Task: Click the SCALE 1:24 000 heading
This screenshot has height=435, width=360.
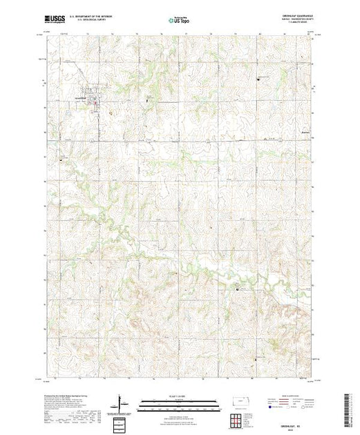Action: (x=180, y=396)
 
